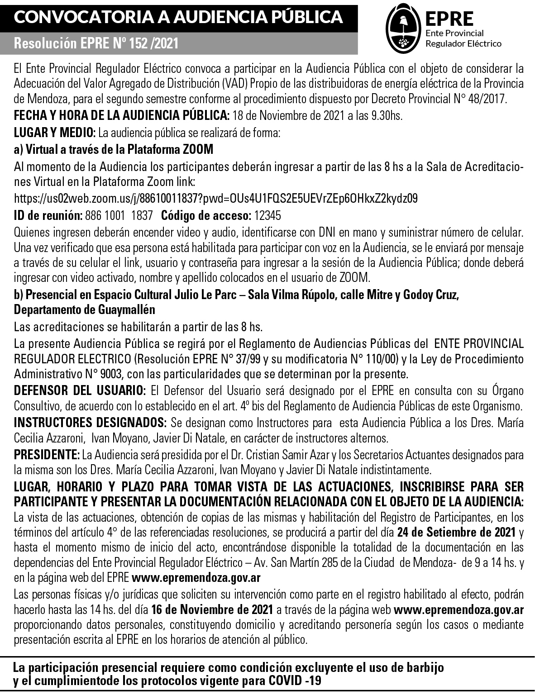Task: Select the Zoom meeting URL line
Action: click(216, 198)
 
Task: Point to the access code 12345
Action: click(268, 215)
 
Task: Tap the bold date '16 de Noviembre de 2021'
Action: click(212, 609)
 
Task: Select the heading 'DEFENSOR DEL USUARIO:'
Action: click(80, 390)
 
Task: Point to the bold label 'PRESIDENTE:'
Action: click(47, 454)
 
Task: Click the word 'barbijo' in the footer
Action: click(421, 668)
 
